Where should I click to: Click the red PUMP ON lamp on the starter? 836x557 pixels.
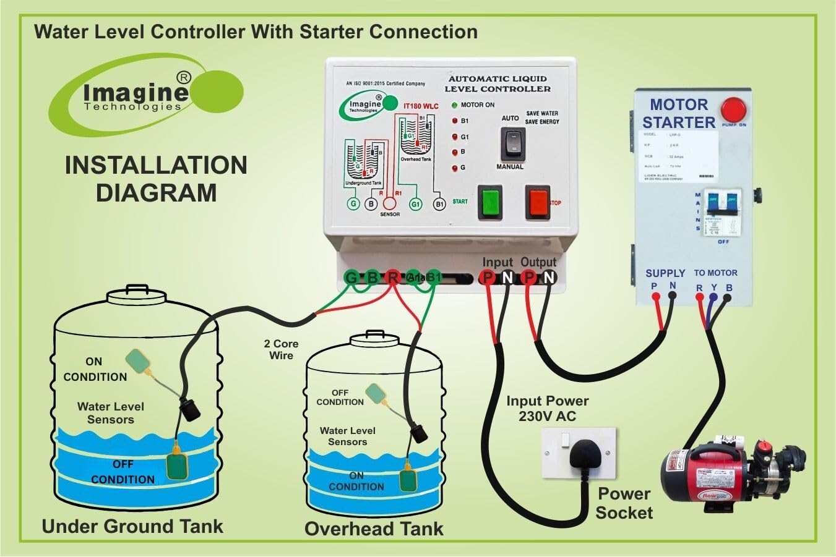(x=735, y=110)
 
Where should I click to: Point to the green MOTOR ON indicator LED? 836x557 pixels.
(x=454, y=105)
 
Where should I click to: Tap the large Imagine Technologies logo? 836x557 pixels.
(x=142, y=95)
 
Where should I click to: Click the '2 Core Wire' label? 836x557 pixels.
(x=281, y=349)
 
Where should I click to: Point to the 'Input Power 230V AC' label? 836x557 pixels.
(x=547, y=408)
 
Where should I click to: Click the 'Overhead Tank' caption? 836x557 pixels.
(x=374, y=529)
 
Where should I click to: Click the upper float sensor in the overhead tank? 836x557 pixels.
(x=377, y=394)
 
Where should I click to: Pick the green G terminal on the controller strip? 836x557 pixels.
(x=351, y=278)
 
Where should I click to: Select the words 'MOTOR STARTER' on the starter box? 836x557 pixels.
(x=678, y=114)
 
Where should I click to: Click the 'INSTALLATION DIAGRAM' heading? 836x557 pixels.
(x=156, y=179)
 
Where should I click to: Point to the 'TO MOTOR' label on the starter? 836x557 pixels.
(x=715, y=273)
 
